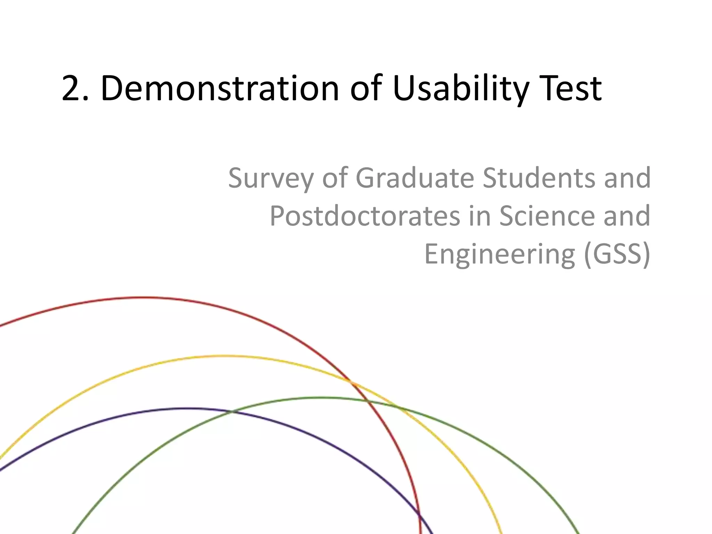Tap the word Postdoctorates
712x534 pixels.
coord(365,216)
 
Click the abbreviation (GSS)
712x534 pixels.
coord(617,254)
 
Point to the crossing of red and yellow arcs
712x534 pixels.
coord(351,382)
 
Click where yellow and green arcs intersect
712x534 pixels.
coord(397,406)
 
